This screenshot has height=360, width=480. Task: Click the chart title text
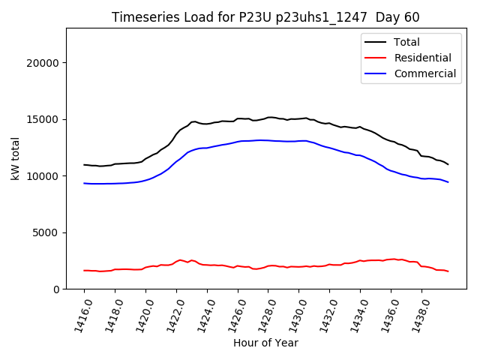click(265, 17)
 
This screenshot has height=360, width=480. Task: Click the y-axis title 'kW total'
click(14, 159)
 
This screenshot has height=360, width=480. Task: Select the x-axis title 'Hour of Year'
click(265, 343)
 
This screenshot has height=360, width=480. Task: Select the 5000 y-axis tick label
click(48, 232)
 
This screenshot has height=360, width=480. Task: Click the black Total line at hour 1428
click(268, 117)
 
